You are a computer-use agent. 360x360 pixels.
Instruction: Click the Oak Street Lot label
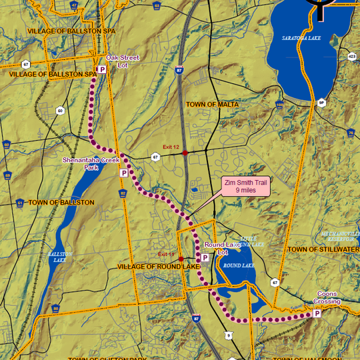(127, 61)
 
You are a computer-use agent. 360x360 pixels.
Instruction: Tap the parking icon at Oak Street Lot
(102, 69)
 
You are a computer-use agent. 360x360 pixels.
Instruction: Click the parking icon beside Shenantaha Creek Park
(123, 173)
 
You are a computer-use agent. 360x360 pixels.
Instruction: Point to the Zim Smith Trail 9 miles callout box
(246, 187)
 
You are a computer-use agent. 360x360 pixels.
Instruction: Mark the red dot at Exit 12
(185, 153)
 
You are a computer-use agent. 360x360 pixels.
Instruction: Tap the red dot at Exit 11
(181, 259)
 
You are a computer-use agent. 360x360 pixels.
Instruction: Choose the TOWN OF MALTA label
(212, 105)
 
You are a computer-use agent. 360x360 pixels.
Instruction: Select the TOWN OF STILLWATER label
(323, 249)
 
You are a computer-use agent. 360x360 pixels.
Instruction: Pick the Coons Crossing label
(327, 298)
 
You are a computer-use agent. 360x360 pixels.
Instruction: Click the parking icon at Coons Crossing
(317, 313)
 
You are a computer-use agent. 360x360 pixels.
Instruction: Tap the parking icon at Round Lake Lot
(205, 257)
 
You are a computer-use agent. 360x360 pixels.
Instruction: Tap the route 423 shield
(352, 57)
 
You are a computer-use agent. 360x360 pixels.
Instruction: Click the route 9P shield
(321, 102)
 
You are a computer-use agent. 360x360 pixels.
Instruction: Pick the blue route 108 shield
(279, 105)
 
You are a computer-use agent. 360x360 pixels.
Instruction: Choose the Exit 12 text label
(172, 147)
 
